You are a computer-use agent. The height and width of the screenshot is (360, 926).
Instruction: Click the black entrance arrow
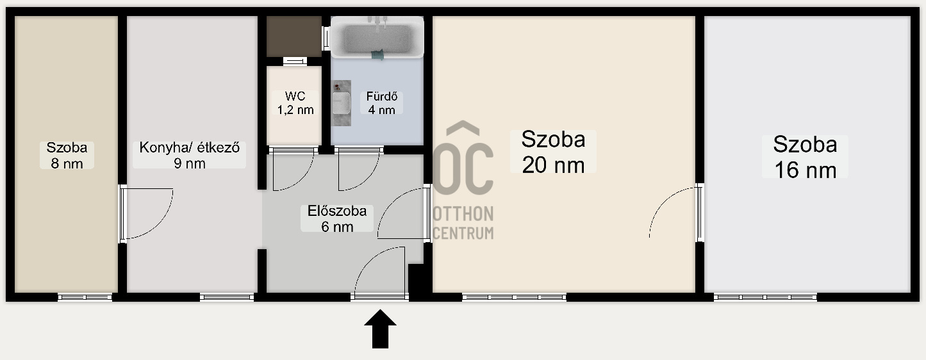380,329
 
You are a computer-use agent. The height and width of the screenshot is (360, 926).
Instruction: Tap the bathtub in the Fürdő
377,38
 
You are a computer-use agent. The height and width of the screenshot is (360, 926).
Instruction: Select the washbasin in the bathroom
342,102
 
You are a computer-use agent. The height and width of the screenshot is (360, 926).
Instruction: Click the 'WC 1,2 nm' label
295,103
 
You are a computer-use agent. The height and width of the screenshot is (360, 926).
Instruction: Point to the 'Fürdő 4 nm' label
381,103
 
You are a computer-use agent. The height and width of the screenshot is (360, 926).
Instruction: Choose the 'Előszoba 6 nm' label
336,218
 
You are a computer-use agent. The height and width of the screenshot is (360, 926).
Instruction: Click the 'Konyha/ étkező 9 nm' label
190,155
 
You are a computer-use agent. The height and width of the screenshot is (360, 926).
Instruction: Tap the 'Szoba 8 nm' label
67,155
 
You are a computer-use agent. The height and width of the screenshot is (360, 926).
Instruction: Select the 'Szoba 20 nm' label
553,152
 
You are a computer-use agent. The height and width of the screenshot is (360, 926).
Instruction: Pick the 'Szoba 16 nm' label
805,156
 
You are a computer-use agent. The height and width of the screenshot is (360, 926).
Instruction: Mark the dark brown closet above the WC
294,37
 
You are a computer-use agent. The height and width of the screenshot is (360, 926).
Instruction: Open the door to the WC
293,169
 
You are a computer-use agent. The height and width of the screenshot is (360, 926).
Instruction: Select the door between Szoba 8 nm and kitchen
147,213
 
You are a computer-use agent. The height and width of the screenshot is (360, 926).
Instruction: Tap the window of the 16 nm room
765,297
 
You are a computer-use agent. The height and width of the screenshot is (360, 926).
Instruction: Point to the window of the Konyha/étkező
227,297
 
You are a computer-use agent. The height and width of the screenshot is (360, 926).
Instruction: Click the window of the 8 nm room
85,297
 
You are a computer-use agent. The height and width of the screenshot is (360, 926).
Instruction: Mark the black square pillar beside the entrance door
419,281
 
